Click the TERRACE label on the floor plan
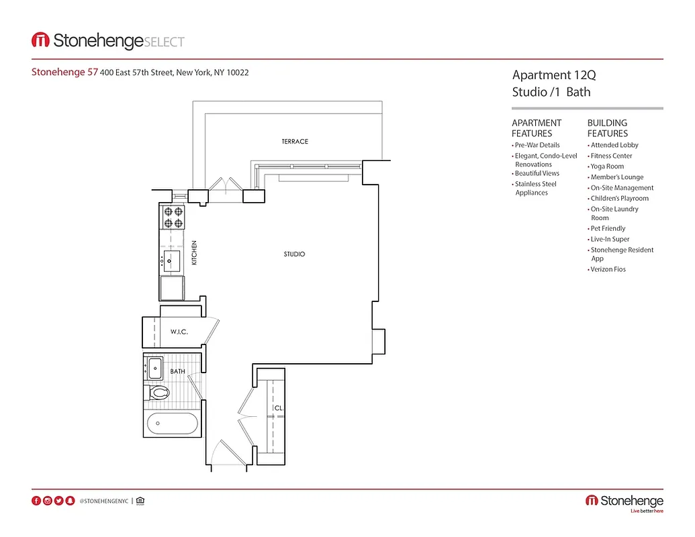click(295, 142)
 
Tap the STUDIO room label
click(294, 254)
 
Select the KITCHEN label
click(194, 253)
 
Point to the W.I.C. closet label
click(179, 332)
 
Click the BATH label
click(177, 371)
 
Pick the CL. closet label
click(277, 408)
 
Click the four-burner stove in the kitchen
click(173, 217)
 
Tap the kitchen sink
click(172, 259)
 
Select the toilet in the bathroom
click(158, 393)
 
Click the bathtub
click(172, 424)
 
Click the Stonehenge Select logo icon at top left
click(40, 41)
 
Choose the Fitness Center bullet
click(611, 156)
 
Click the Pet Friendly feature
click(608, 228)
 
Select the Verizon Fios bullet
click(608, 269)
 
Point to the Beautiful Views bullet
click(537, 173)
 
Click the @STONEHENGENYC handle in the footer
click(103, 501)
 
